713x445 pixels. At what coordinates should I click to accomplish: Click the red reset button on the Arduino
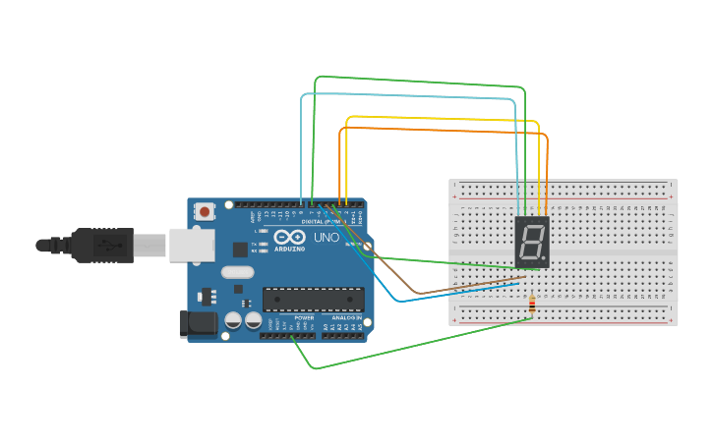[x=205, y=210]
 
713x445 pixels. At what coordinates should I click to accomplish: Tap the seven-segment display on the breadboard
[x=531, y=241]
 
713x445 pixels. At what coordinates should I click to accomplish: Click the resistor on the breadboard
[x=532, y=306]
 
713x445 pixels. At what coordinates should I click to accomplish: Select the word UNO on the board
[x=326, y=238]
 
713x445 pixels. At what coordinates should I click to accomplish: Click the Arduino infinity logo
[x=290, y=237]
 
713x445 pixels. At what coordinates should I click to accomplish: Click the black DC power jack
[x=198, y=323]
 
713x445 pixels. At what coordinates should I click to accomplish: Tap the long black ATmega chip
[x=313, y=299]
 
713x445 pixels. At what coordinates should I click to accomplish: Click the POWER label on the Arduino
[x=304, y=318]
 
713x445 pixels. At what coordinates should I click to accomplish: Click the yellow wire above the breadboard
[x=443, y=118]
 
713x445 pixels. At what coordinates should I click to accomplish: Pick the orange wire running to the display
[x=443, y=130]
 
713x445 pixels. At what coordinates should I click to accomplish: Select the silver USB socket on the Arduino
[x=191, y=246]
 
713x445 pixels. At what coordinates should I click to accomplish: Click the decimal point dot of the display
[x=544, y=259]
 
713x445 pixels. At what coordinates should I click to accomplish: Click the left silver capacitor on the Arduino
[x=233, y=320]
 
